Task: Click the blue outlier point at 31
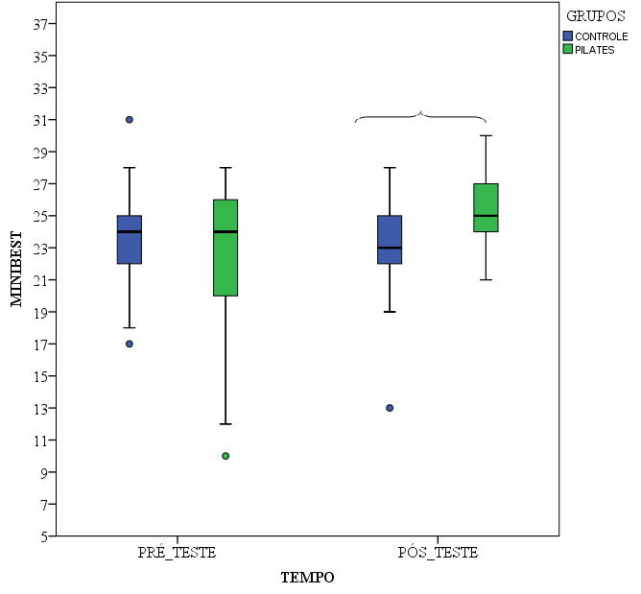130,120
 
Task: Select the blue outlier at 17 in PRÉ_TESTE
130,344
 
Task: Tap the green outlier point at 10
226,456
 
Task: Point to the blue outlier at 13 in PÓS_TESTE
390,408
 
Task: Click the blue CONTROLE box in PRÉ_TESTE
130,240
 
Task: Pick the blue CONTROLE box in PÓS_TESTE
390,240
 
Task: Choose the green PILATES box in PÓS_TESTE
486,207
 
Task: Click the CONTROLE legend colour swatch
568,36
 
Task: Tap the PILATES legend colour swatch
568,49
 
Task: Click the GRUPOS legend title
596,16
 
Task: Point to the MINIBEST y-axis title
16,268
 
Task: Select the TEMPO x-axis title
307,578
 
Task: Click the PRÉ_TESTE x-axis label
178,554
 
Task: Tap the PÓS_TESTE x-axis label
438,554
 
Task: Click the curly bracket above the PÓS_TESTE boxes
420,116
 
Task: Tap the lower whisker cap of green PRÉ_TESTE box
226,424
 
